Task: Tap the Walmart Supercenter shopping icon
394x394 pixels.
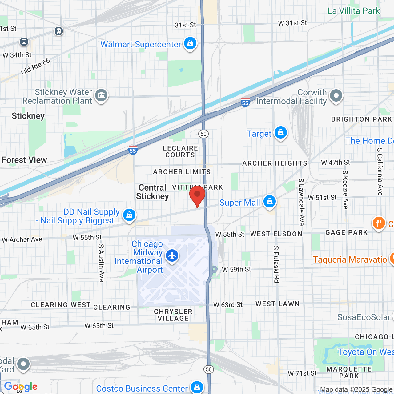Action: click(x=190, y=43)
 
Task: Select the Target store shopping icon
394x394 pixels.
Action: click(x=280, y=133)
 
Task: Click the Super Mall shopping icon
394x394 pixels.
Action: click(x=270, y=202)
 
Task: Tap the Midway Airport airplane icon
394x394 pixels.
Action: click(x=172, y=255)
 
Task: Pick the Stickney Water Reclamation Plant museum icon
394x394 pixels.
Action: click(x=101, y=95)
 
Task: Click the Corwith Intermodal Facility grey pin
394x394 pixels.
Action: click(x=336, y=96)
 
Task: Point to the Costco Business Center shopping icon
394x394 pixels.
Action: click(x=197, y=387)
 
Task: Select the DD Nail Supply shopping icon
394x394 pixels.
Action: click(x=129, y=215)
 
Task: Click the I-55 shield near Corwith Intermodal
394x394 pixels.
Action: click(x=245, y=103)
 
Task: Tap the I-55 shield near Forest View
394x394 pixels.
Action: click(x=133, y=150)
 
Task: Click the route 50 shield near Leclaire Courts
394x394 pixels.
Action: click(x=203, y=134)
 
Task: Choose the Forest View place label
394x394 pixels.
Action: click(x=24, y=160)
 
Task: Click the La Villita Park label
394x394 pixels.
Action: click(x=354, y=11)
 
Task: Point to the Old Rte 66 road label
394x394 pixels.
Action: click(x=35, y=66)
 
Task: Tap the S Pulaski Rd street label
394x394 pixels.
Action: click(x=276, y=264)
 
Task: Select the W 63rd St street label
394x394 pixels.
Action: click(x=228, y=305)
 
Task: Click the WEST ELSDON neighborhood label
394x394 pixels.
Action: click(x=276, y=234)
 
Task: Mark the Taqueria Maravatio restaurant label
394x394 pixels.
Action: click(x=350, y=259)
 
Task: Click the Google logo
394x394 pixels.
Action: click(x=21, y=387)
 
